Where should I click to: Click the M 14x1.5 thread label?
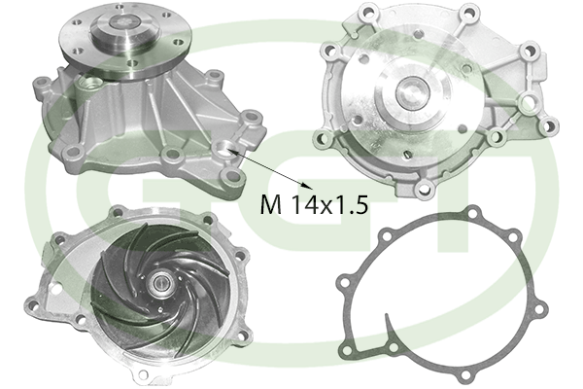tap(314, 204)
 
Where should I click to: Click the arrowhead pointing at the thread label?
tap(306, 184)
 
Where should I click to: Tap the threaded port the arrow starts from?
tap(223, 148)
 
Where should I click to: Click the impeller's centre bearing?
tap(161, 284)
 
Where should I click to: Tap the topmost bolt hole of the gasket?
tap(472, 214)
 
